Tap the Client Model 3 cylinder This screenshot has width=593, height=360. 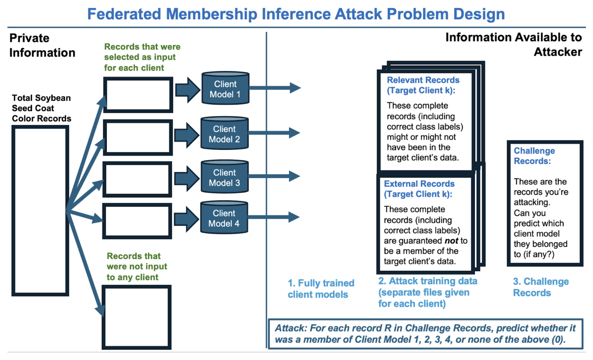224,177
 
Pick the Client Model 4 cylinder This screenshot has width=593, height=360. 224,218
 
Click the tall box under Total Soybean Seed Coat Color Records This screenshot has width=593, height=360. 40,210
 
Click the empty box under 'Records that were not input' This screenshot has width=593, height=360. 137,317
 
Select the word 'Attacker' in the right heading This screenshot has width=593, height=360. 558,52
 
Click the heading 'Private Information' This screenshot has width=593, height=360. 42,45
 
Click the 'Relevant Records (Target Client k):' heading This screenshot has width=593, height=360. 423,85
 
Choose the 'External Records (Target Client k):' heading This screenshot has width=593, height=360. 419,189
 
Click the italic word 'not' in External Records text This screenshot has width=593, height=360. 451,241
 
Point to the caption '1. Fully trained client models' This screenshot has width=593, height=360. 321,289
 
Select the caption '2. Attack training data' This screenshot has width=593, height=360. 427,281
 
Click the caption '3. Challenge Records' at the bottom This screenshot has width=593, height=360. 541,287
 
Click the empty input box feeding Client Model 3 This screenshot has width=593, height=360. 137,179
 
